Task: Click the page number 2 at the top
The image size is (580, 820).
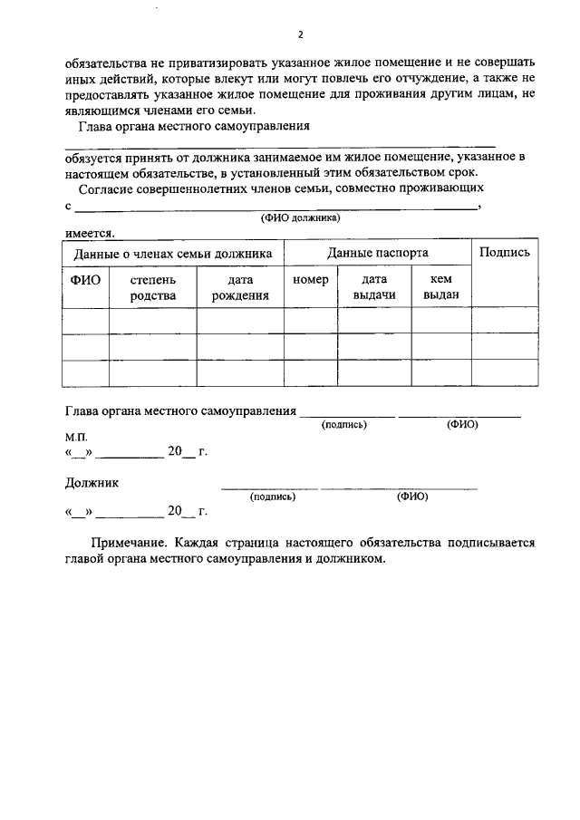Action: [x=300, y=34]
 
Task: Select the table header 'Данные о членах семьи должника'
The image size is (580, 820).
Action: [x=173, y=254]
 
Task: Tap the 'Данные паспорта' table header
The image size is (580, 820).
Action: [x=378, y=253]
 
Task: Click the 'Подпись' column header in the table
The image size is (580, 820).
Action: [x=504, y=253]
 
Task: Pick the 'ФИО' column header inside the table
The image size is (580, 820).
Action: [x=85, y=280]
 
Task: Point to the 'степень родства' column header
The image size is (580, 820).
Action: [x=152, y=287]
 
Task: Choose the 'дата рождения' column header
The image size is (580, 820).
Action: [x=240, y=287]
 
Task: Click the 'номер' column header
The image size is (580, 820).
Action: [x=311, y=280]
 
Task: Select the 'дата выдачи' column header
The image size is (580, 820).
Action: [x=374, y=287]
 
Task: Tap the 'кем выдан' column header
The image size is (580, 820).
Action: [x=441, y=287]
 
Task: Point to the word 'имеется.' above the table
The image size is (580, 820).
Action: [x=89, y=232]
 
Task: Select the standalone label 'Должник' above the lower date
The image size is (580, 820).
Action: [x=92, y=483]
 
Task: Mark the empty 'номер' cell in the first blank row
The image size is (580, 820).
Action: [x=311, y=321]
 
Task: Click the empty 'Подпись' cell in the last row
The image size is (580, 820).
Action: [x=504, y=372]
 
